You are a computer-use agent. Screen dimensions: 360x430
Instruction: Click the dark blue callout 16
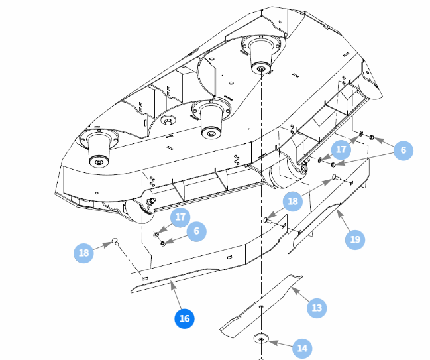coord(184,319)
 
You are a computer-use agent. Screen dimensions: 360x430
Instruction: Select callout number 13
coord(317,308)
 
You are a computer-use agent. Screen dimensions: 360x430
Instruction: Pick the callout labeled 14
coord(302,348)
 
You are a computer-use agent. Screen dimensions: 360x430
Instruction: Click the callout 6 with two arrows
coord(402,150)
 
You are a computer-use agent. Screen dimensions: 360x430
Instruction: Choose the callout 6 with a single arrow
coord(196,231)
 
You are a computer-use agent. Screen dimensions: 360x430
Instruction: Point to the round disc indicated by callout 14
coord(262,340)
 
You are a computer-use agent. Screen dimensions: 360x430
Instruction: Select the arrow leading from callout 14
coord(282,343)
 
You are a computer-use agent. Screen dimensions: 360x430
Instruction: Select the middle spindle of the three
coord(211,119)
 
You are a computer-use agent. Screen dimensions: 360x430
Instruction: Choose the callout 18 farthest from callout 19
coord(83,253)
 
